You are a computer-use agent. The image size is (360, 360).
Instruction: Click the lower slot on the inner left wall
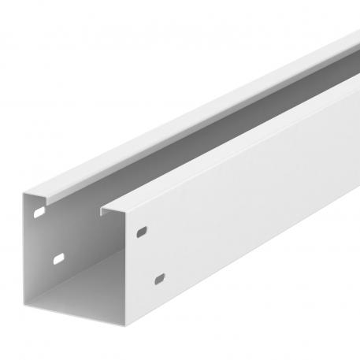pyautogui.click(x=59, y=258)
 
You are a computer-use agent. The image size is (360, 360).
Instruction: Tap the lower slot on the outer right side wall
pyautogui.click(x=161, y=279)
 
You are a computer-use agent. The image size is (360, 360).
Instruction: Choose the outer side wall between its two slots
pyautogui.click(x=151, y=255)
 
